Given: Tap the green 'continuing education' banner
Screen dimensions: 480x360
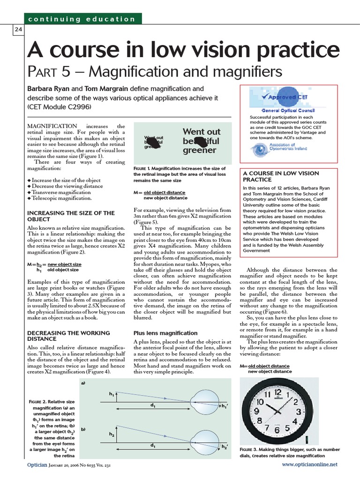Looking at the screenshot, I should tap(81, 19).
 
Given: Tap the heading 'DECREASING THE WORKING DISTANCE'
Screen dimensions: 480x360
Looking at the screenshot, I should tap(69, 336).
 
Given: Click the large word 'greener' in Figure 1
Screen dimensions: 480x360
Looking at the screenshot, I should tap(199, 150).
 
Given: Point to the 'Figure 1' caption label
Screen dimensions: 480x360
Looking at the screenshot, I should tap(144, 168).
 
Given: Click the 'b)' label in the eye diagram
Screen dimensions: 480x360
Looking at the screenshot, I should tap(83, 429).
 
